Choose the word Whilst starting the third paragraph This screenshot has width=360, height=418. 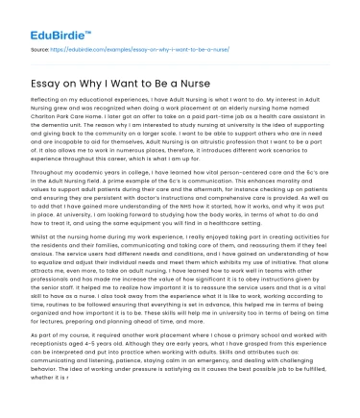point(40,234)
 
